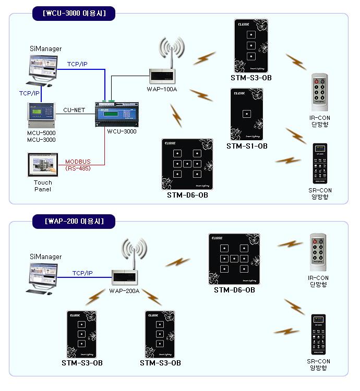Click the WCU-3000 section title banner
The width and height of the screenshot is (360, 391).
click(74, 14)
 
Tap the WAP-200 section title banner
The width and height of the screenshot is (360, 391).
click(73, 221)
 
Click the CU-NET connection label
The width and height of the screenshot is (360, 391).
click(74, 110)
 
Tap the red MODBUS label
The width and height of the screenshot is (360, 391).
click(78, 162)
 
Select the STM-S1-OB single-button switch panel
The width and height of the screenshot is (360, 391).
click(247, 114)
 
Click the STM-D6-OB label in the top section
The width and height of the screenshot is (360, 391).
click(187, 195)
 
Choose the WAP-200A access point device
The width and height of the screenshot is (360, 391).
click(125, 277)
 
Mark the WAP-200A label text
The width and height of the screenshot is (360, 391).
click(125, 290)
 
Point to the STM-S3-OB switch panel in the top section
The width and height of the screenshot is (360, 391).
click(251, 46)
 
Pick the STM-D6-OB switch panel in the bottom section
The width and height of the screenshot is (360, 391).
click(234, 259)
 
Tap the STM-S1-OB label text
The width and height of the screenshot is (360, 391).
click(247, 146)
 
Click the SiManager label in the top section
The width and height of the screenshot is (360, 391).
click(45, 49)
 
